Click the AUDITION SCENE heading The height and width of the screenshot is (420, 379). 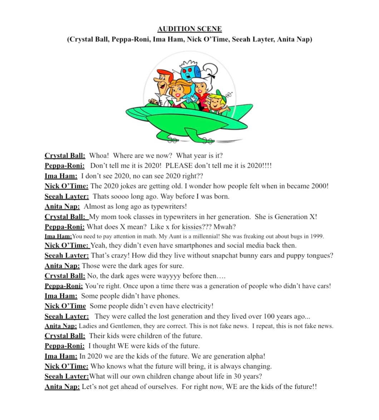point(189,29)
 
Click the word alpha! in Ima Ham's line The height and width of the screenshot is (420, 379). point(256,356)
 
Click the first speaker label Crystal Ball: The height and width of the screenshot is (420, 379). point(65,156)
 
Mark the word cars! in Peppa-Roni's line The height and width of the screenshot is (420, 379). point(321,286)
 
